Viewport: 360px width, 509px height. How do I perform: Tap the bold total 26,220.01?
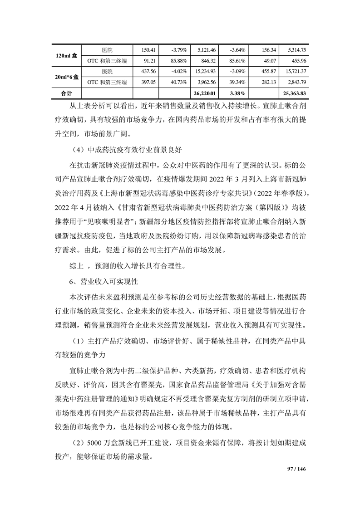point(206,93)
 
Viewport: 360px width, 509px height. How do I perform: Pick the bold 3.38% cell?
point(237,93)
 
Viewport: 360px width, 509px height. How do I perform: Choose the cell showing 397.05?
point(148,82)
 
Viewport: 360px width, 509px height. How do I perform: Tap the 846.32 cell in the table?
point(207,60)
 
